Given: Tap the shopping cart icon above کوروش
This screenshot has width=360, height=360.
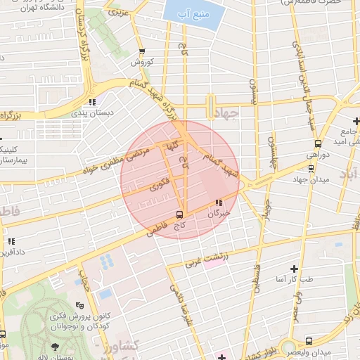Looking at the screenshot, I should coord(143,51).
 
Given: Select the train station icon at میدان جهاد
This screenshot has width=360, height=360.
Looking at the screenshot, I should coord(311,167).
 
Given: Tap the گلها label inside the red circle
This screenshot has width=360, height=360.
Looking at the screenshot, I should coord(172,146).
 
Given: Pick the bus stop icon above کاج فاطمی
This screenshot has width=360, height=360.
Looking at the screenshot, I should coord(179,214).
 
